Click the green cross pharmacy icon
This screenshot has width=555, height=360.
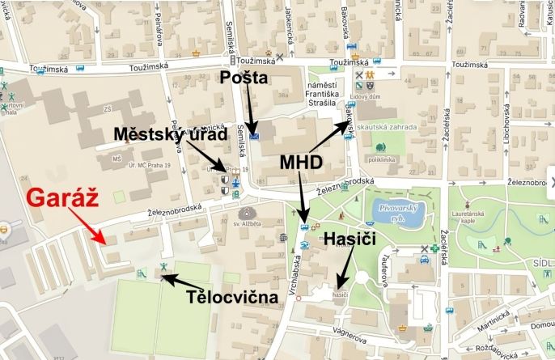tap(434, 260)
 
